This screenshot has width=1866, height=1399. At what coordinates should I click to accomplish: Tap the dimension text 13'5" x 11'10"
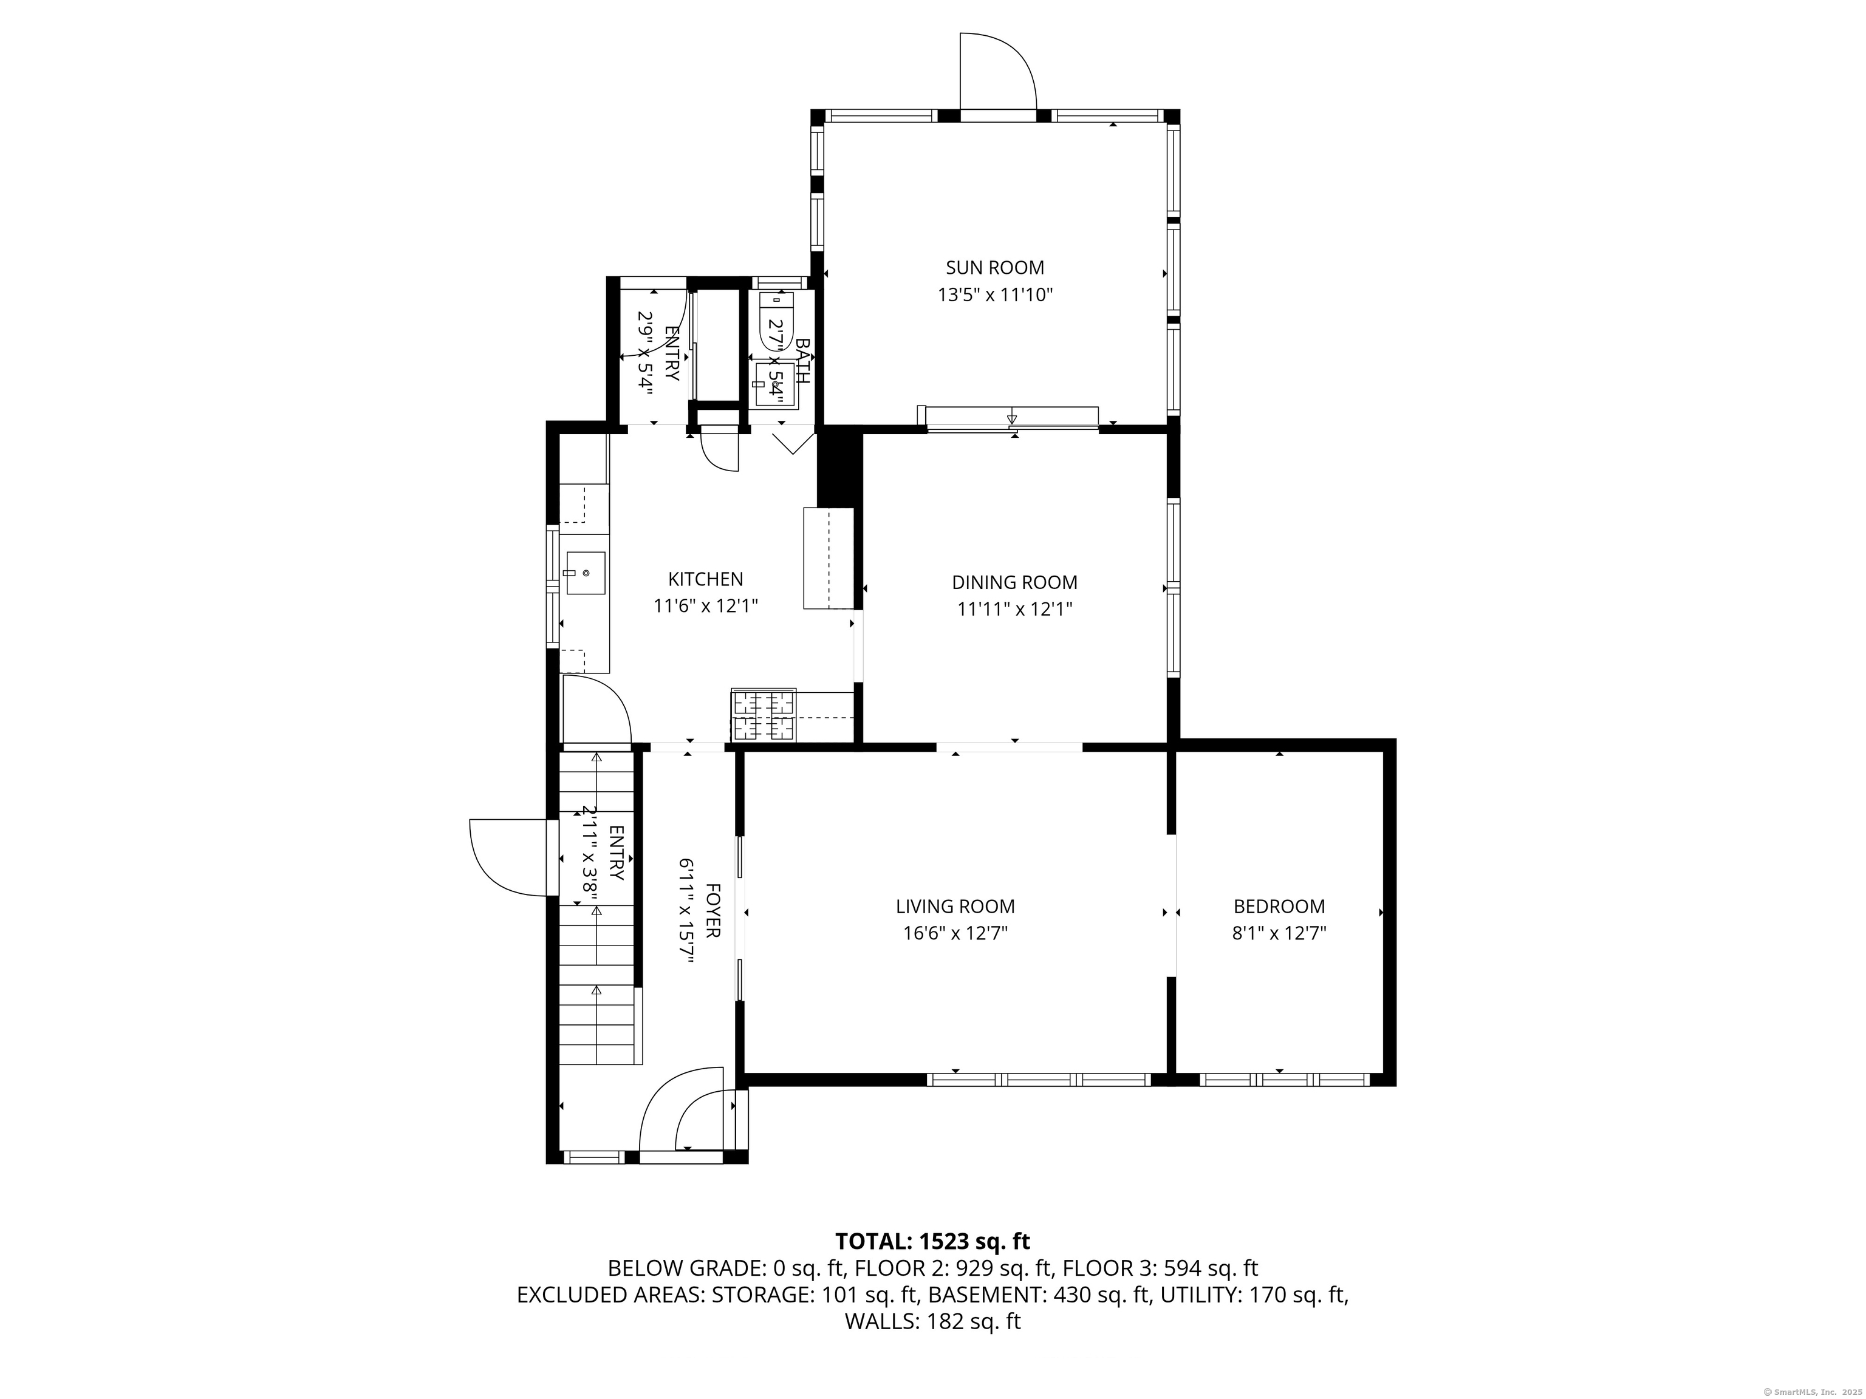[996, 295]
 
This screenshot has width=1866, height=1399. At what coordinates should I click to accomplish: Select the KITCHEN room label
[705, 579]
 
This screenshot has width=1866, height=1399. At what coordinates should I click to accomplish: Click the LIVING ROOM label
[955, 907]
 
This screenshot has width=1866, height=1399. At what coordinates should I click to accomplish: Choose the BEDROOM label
[1279, 907]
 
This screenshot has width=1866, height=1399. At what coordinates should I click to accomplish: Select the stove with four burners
[764, 715]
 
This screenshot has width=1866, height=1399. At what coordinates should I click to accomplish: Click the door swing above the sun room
[998, 71]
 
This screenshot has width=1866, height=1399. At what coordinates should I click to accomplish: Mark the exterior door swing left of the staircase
[508, 857]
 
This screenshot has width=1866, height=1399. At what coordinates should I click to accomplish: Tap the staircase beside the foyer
[596, 908]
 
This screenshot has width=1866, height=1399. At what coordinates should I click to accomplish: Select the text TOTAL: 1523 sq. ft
[932, 1241]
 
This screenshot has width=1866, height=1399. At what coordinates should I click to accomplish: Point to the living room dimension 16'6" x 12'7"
[955, 933]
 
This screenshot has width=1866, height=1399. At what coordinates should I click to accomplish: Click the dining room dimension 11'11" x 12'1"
[1015, 609]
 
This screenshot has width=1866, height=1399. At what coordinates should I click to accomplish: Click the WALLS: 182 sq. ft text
[933, 1321]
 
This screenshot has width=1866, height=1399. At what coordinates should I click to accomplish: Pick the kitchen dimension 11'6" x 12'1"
[706, 605]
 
